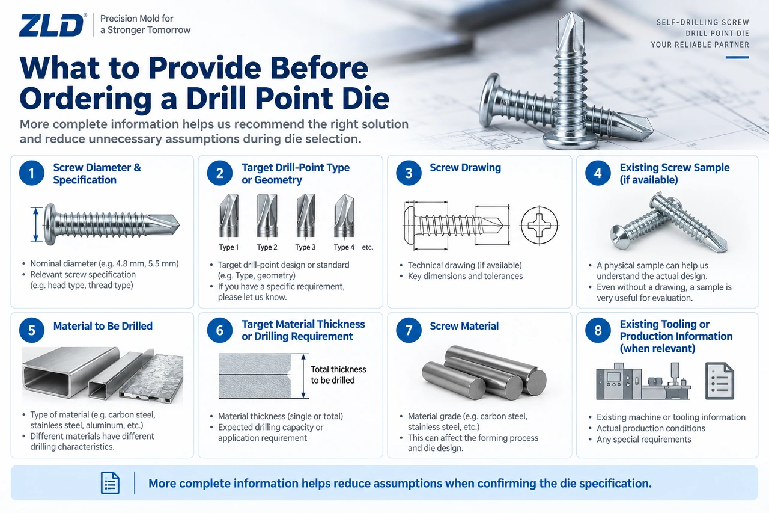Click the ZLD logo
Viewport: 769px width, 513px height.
52,25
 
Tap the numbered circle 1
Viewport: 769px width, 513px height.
32,173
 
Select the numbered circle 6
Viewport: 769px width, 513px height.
220,330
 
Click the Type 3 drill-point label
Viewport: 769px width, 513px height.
305,247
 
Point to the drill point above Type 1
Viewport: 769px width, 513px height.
229,215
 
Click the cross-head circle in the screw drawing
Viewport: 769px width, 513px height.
539,226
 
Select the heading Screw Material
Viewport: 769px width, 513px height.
464,326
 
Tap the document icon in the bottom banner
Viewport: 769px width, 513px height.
110,483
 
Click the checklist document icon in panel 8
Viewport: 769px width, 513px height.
720,381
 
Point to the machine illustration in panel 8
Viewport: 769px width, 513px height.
643,381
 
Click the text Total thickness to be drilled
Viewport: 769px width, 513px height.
338,375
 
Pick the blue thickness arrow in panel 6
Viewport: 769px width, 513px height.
303,376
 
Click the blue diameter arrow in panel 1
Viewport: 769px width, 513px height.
35,225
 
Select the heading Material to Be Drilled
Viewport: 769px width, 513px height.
103,326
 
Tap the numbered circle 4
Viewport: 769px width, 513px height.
598,173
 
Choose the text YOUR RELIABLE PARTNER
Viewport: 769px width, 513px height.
700,45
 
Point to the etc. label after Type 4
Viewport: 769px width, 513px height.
367,247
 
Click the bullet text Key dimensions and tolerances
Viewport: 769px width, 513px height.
465,276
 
